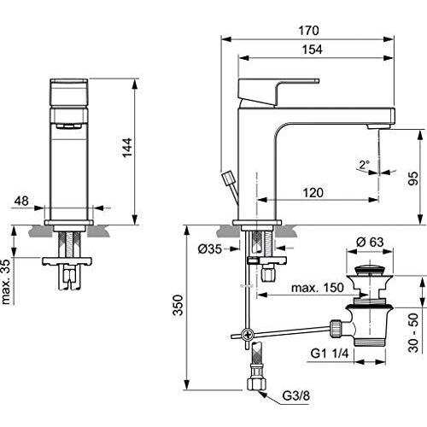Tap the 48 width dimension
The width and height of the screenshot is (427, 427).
[x=23, y=202]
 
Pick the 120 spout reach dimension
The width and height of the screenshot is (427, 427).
[x=313, y=194]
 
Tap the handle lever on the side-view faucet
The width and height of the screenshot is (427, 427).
[x=269, y=88]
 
